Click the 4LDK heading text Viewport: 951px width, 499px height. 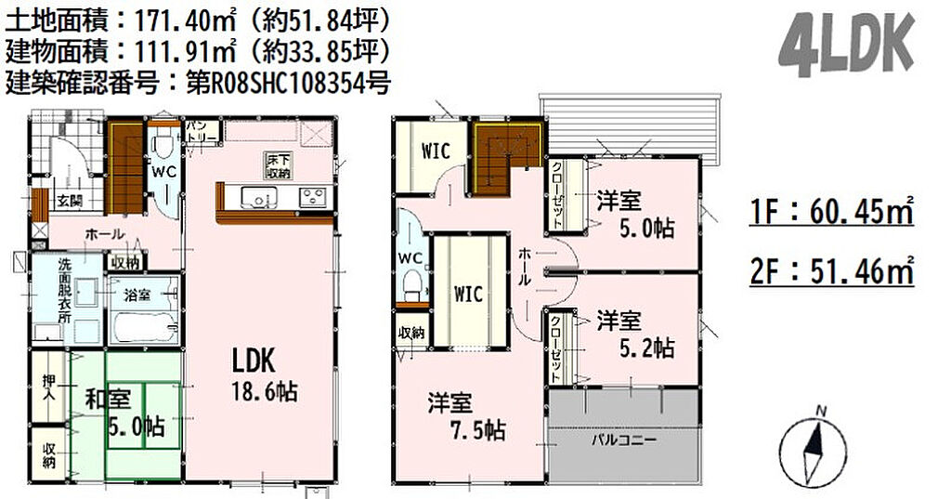[x=846, y=46]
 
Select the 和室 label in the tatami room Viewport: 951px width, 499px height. [x=108, y=400]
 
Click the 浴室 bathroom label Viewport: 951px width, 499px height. [x=137, y=295]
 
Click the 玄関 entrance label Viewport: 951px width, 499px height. [x=70, y=200]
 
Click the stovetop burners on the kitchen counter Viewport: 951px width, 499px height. [x=314, y=196]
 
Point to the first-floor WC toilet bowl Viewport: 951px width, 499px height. [x=163, y=146]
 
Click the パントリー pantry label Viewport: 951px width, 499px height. [x=201, y=131]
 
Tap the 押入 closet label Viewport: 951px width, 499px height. [x=49, y=387]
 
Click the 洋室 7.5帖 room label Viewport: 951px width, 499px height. [x=466, y=416]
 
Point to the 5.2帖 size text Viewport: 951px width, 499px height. [x=646, y=348]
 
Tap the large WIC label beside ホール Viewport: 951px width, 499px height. [x=469, y=295]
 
